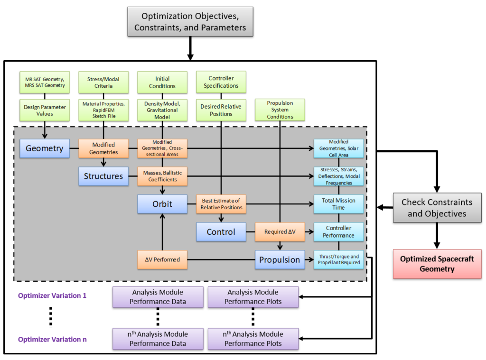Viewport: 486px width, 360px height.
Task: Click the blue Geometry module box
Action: (x=45, y=148)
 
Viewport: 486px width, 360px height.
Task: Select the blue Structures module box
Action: (x=103, y=176)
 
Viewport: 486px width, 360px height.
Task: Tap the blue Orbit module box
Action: (x=162, y=204)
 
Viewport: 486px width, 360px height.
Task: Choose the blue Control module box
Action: (x=221, y=232)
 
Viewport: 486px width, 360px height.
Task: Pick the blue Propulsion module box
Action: (x=280, y=260)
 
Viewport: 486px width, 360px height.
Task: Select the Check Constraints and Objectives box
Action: (x=437, y=208)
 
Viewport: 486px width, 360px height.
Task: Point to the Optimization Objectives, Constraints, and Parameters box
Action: (x=190, y=22)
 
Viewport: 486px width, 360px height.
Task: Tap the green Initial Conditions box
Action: (x=162, y=83)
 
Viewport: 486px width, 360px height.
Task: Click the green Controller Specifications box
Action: (x=221, y=83)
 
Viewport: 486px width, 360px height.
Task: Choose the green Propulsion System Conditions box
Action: (x=280, y=110)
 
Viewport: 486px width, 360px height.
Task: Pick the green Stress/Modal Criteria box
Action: (x=103, y=83)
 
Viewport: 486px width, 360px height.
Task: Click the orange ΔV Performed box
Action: (x=162, y=260)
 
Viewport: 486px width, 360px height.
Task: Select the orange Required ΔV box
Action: (x=280, y=232)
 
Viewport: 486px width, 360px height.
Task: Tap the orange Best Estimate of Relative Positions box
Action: (x=221, y=204)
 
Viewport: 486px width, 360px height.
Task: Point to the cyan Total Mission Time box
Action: (x=338, y=204)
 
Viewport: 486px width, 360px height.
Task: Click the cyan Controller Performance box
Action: (x=338, y=232)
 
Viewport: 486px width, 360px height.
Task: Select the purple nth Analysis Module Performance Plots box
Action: (x=253, y=339)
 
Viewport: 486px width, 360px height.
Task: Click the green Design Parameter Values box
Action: (x=45, y=110)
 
